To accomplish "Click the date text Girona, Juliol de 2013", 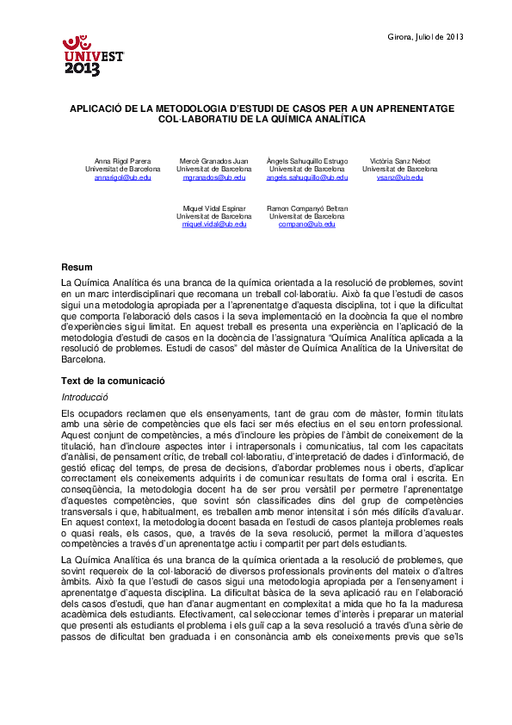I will click(x=426, y=36).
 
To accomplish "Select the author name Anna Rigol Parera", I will click(x=122, y=162).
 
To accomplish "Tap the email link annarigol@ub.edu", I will click(x=122, y=177).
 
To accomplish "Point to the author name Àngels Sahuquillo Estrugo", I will click(x=307, y=162).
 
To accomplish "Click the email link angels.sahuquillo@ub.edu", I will click(x=307, y=177).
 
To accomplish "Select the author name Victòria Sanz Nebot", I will click(x=400, y=162).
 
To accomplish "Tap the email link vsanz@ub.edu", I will click(x=400, y=177).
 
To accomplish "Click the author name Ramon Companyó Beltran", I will click(x=307, y=208).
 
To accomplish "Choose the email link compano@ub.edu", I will click(x=307, y=224).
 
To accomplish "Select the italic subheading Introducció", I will click(x=84, y=398).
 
